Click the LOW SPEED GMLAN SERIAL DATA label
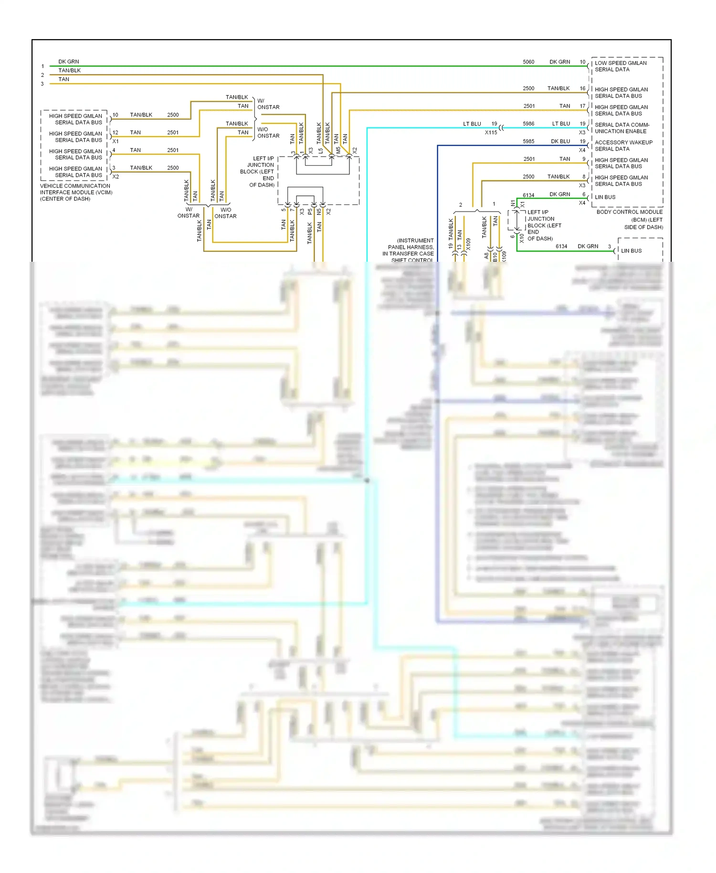coord(620,66)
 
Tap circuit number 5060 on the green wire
coord(528,62)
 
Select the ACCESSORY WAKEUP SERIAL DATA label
coord(623,146)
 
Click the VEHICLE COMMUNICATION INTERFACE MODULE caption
coord(75,192)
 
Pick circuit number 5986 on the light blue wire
coord(528,124)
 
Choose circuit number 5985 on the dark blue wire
coord(528,141)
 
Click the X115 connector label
coord(491,133)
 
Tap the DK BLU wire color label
coord(560,141)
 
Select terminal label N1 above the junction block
coord(513,203)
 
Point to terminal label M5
coord(338,150)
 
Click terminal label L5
coord(321,150)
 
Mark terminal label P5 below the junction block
coord(310,211)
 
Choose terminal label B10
coord(495,256)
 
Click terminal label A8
coord(486,256)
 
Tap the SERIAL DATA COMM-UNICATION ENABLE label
coord(621,128)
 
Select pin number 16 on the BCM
coord(582,88)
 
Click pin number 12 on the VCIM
coord(115,133)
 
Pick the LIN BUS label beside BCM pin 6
coord(605,197)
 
